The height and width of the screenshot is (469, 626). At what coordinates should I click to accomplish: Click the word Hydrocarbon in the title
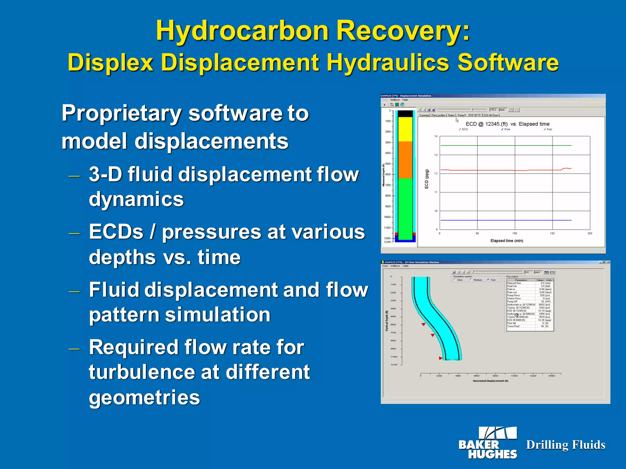(x=241, y=31)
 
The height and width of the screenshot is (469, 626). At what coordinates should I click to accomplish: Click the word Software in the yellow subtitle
(x=507, y=63)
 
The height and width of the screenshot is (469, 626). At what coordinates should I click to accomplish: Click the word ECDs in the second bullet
(x=116, y=232)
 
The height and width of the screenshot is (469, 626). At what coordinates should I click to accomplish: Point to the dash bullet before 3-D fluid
(x=74, y=176)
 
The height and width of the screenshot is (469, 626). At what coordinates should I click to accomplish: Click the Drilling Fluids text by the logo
(x=565, y=445)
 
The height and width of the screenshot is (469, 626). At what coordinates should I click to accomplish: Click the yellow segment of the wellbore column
(x=405, y=129)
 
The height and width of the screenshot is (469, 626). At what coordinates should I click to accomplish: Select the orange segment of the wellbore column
(x=405, y=159)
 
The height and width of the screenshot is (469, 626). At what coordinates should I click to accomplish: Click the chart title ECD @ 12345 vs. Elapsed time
(x=507, y=124)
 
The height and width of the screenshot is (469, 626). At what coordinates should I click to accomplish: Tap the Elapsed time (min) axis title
(x=506, y=241)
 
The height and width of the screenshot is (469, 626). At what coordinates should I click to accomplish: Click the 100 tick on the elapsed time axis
(x=515, y=234)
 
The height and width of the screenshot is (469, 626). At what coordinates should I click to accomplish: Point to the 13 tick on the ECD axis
(x=436, y=155)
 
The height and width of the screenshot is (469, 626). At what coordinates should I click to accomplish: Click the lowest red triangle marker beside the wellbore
(x=440, y=358)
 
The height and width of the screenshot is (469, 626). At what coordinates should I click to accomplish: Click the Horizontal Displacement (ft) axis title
(x=490, y=381)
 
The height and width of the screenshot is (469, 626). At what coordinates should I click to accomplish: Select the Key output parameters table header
(x=529, y=280)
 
